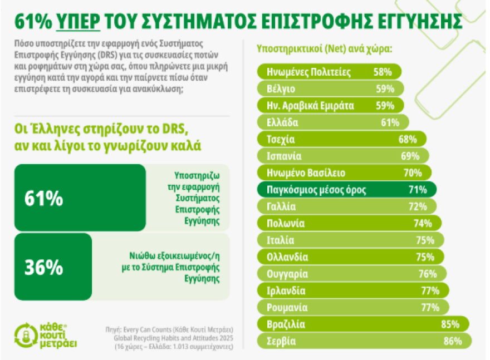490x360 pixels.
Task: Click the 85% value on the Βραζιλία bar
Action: click(x=449, y=324)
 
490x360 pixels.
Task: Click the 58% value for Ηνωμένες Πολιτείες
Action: click(x=383, y=72)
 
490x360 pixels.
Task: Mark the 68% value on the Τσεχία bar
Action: click(x=408, y=139)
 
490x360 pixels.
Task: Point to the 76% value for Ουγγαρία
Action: click(x=427, y=274)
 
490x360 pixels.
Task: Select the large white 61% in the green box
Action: click(x=44, y=199)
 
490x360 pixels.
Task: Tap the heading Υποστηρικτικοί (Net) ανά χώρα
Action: click(x=324, y=48)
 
